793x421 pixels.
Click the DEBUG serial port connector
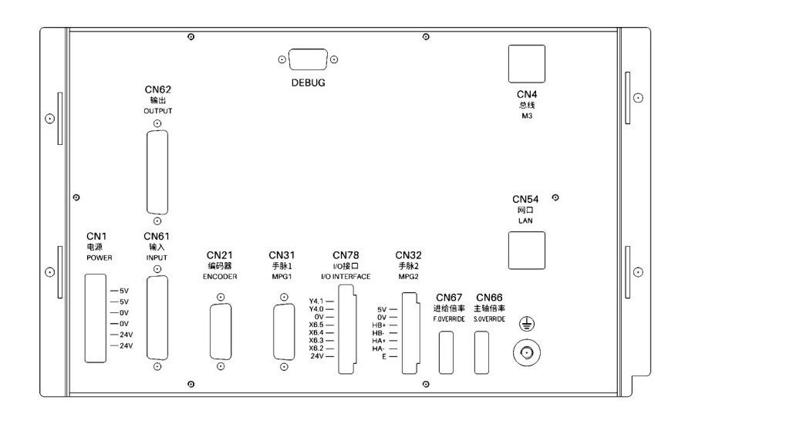tap(308, 60)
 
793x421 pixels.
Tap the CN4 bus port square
tap(525, 63)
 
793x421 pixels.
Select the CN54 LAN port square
tap(525, 250)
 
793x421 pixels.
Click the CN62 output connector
tap(157, 172)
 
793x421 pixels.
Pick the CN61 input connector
tap(157, 318)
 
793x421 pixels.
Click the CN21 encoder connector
tap(220, 332)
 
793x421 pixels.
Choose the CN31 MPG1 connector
tap(283, 332)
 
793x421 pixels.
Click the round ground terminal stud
tap(526, 355)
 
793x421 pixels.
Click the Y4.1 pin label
tap(316, 301)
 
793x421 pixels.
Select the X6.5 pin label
tap(316, 325)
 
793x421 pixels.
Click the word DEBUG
tap(308, 83)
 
